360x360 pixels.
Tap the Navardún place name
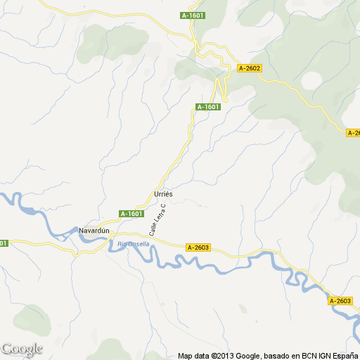(x=95, y=231)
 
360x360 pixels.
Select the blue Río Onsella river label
(x=133, y=243)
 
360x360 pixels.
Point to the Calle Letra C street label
(x=157, y=219)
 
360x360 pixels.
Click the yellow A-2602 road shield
(x=250, y=68)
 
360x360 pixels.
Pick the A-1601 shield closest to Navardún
(x=131, y=214)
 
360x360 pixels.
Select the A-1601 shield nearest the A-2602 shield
(x=208, y=107)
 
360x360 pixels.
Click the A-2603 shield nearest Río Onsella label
(x=199, y=247)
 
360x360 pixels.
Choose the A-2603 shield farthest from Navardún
(x=340, y=301)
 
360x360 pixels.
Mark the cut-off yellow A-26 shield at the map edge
(x=354, y=133)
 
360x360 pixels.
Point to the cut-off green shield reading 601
(x=4, y=243)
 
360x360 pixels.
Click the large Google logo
(x=22, y=349)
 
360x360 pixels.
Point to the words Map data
(x=193, y=356)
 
